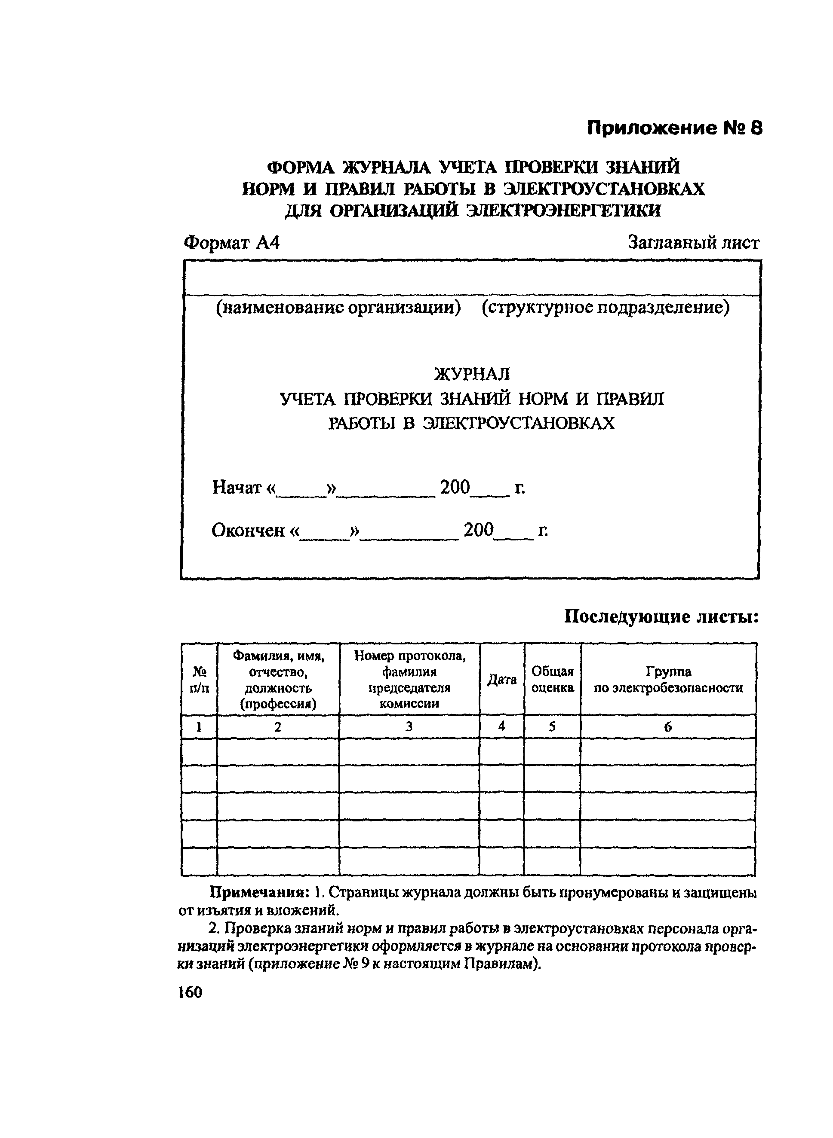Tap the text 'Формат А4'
tap(231, 243)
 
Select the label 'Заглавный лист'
tap(693, 243)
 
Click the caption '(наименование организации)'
tap(338, 307)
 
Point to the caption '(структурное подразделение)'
tap(605, 307)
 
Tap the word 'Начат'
tap(237, 487)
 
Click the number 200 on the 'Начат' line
tap(455, 487)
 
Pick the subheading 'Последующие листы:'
tap(661, 616)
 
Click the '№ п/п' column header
tap(199, 680)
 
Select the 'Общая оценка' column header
tap(553, 680)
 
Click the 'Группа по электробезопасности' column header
tap(668, 680)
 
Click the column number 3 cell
tap(409, 726)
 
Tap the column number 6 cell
tap(668, 726)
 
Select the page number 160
tap(190, 992)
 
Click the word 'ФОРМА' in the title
tap(301, 167)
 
